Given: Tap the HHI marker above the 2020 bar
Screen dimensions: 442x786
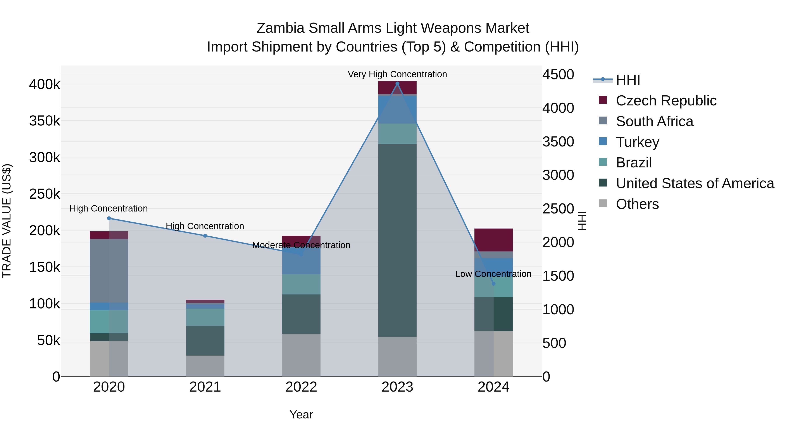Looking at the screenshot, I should pos(109,218).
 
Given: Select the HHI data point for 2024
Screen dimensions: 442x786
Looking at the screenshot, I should pos(493,284).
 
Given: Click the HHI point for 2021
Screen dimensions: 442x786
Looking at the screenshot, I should pos(205,236).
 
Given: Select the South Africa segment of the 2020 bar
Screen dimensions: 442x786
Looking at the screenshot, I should pos(109,271).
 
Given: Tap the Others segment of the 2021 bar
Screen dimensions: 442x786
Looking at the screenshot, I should pos(205,366).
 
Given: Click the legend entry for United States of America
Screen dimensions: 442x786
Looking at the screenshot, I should pos(695,183).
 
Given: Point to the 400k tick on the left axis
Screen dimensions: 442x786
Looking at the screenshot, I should pos(45,84).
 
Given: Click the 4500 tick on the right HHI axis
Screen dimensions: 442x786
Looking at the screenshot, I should pos(558,74).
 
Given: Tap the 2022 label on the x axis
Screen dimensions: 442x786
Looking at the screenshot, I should pos(301,387).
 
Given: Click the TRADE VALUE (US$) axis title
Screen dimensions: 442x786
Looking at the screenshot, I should pos(7,221).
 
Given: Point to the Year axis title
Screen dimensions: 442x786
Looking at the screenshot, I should pos(301,414).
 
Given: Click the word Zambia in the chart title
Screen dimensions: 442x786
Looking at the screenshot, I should pos(280,28).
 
